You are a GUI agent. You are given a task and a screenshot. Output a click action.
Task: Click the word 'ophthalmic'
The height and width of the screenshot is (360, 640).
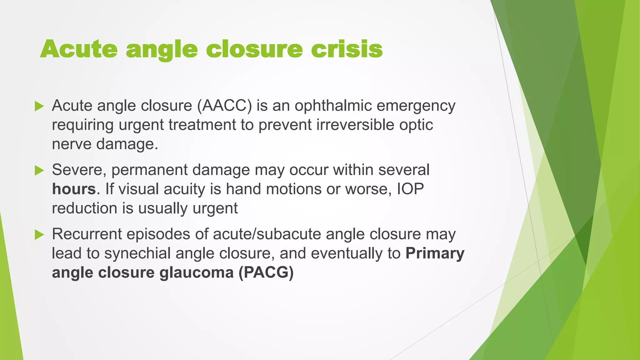(333, 106)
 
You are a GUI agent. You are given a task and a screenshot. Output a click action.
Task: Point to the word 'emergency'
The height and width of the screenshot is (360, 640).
(416, 106)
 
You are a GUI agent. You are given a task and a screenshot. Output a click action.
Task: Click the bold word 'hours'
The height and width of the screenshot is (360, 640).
(74, 189)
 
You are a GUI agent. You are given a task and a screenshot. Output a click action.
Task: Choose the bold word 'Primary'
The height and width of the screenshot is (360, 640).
(435, 253)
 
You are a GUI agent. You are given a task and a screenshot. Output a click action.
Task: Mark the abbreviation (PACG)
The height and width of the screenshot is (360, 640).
(266, 272)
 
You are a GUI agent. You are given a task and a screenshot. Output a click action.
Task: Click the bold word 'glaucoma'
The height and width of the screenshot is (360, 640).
(197, 272)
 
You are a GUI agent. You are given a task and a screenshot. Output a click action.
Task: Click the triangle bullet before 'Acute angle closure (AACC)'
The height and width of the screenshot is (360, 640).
(39, 106)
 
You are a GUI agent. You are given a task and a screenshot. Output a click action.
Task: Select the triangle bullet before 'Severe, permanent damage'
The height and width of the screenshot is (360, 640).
(39, 171)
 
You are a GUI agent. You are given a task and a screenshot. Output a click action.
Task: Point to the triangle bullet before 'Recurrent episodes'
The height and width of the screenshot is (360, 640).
(39, 235)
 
